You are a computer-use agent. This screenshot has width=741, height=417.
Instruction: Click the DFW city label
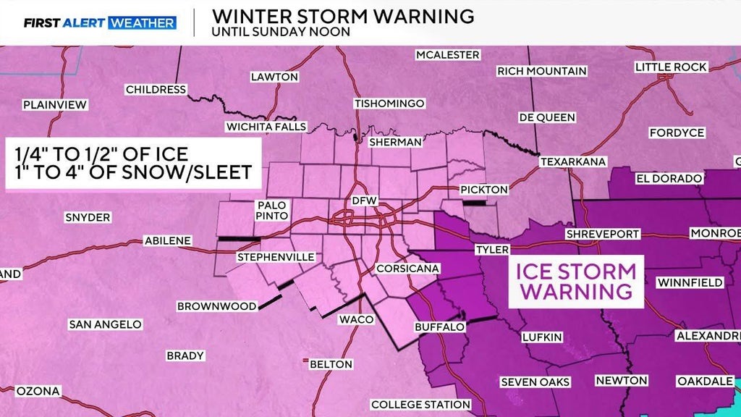(x=360, y=200)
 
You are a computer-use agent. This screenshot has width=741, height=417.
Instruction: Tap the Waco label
(x=357, y=319)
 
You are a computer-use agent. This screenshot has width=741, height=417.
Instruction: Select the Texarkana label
(x=573, y=161)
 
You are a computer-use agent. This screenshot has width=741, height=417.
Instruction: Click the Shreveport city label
(x=603, y=234)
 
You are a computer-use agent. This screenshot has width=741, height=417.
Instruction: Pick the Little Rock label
(x=671, y=67)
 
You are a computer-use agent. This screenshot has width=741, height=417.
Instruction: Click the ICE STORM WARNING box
(x=576, y=281)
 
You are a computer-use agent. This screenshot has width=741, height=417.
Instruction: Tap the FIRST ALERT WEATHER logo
(x=99, y=22)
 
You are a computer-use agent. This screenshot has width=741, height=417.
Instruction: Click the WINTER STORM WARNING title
(x=343, y=15)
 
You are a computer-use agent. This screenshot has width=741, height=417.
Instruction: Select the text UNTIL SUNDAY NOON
(x=281, y=32)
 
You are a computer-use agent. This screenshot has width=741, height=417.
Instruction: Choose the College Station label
(x=420, y=404)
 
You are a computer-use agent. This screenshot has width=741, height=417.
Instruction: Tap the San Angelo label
(x=104, y=324)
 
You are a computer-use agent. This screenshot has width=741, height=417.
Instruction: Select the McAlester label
(x=447, y=55)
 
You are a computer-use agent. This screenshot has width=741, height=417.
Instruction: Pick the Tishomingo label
(x=389, y=104)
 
